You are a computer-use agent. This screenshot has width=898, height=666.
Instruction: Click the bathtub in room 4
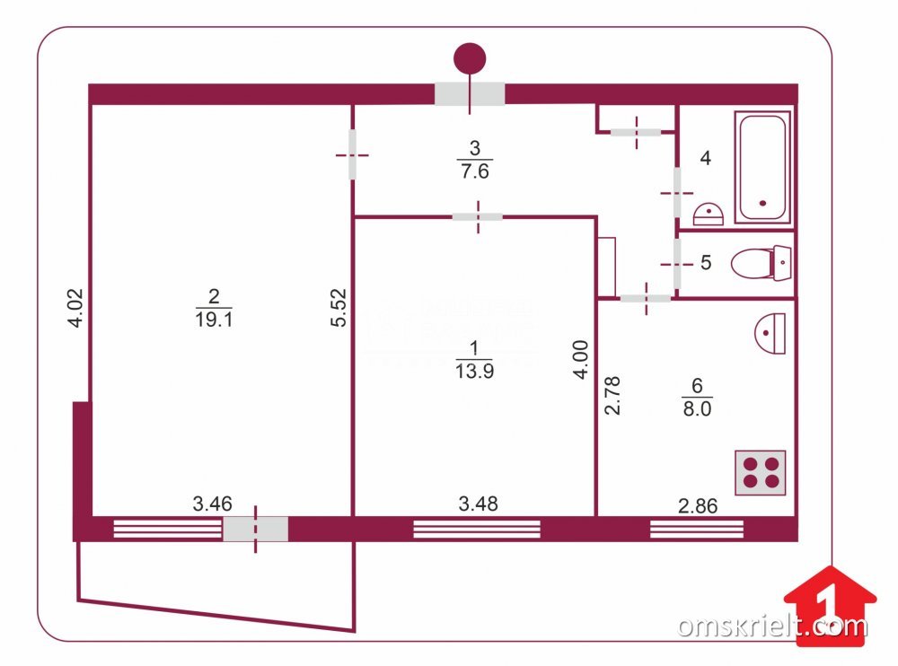pyautogui.click(x=762, y=167)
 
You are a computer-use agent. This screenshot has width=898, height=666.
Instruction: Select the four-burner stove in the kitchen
pyautogui.click(x=760, y=472)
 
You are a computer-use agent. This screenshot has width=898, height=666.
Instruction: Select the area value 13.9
pyautogui.click(x=474, y=368)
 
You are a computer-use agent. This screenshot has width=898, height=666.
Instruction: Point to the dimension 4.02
pyautogui.click(x=76, y=309)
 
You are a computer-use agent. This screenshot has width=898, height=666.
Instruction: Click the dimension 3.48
pyautogui.click(x=478, y=504)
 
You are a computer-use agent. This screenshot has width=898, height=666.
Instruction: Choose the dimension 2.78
pyautogui.click(x=612, y=394)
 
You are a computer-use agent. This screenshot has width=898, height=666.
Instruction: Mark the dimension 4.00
pyautogui.click(x=581, y=357)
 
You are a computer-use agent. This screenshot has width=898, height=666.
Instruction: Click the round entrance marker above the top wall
pyautogui.click(x=470, y=58)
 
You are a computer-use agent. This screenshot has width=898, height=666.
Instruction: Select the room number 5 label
pyautogui.click(x=705, y=263)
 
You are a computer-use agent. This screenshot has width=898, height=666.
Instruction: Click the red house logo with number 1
pyautogui.click(x=830, y=601)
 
